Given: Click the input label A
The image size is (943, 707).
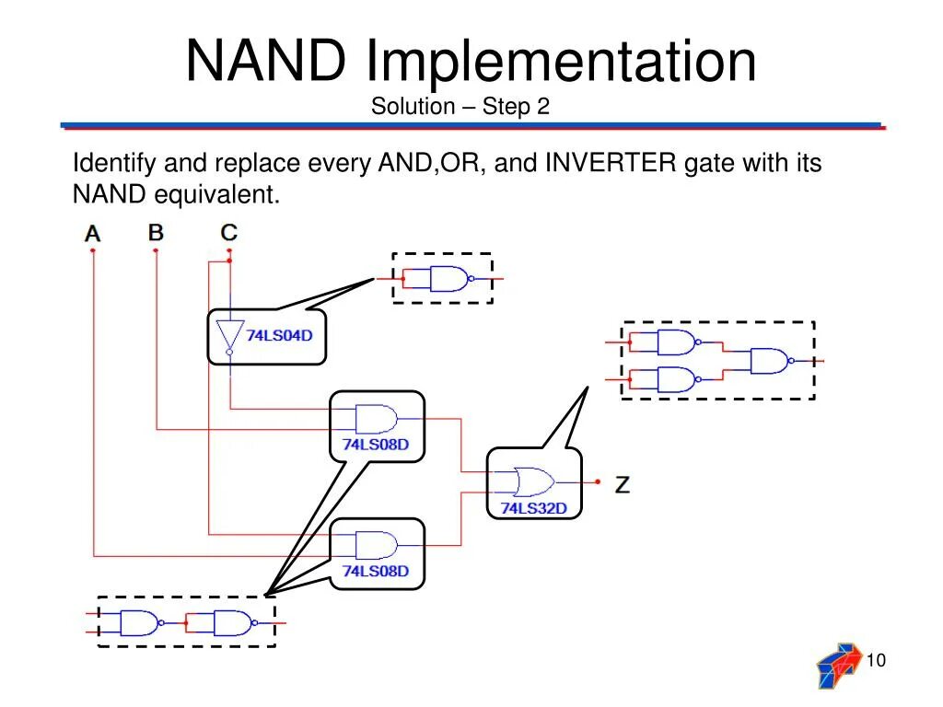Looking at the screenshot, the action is coord(92,233).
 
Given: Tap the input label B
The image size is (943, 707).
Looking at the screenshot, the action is coord(156,232).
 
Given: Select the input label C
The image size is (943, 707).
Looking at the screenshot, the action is coord(229,232).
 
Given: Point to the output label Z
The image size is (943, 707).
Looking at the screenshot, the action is coord(623,484).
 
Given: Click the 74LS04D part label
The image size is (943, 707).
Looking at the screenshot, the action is coord(279,335).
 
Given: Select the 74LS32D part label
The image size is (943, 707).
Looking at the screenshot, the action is coord(534,508).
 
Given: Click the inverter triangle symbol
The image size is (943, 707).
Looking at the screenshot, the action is coord(229,336).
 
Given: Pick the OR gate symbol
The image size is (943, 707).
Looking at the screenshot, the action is coord(533,481).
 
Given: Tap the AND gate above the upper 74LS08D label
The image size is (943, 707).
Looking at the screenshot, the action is coord(377,419).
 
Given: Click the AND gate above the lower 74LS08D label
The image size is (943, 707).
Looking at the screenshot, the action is coord(377,545).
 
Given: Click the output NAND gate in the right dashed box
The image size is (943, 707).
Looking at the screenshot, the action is coord(773,361).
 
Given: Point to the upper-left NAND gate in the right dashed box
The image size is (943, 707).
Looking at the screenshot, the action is coord(679,342).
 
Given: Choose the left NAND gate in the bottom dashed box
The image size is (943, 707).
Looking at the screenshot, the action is coord(142,623).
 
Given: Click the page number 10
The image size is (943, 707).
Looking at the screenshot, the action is coord(876,660).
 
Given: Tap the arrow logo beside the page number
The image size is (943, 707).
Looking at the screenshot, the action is coord(839,666).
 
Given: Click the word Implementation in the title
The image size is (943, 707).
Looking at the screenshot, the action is coord(561,62).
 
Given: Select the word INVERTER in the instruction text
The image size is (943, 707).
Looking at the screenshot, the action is coord(611,163).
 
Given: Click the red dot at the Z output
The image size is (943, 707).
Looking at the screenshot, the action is coord(598,481).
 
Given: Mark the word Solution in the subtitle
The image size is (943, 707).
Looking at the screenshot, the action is coord(413,107).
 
